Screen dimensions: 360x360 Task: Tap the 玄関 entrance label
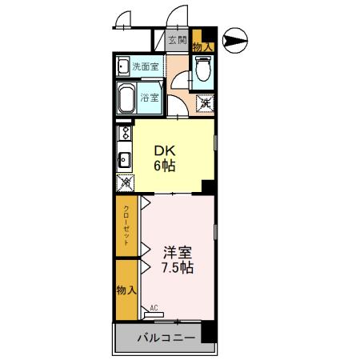[x=178, y=41]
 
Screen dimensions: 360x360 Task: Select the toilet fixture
[x=203, y=74]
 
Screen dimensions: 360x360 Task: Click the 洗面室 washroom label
[x=146, y=66]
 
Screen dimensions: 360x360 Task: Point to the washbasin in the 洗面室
[x=123, y=66]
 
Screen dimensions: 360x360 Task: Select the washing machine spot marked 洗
[x=205, y=102]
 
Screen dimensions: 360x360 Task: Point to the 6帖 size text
[x=165, y=166]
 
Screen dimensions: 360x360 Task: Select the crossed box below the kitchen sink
[x=124, y=182]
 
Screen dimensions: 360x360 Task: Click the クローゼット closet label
[x=126, y=226]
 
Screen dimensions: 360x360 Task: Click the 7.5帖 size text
[x=178, y=268]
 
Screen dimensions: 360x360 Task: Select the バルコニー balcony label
[x=166, y=338]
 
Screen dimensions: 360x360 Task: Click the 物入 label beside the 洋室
[x=125, y=289]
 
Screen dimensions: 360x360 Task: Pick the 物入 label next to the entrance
[x=202, y=47]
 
